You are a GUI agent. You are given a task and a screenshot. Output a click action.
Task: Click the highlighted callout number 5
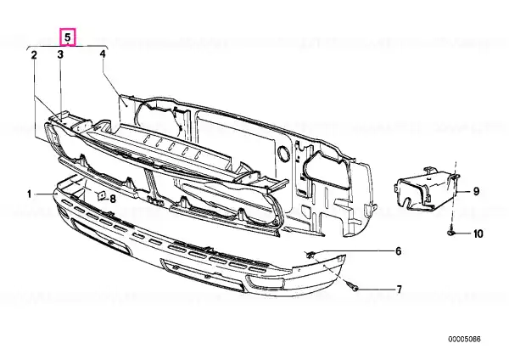coord(68,37)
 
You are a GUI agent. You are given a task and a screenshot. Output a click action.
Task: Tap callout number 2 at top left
coord(34,55)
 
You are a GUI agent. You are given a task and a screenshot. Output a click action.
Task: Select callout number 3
coord(60,54)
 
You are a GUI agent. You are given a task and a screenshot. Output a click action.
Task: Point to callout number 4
coord(103,53)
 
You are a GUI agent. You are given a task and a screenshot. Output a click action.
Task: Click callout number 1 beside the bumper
coord(29,194)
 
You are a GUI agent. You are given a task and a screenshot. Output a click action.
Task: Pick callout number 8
coord(112,199)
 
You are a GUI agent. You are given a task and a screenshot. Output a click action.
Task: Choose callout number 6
coord(398,251)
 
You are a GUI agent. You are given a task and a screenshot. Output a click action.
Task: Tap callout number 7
coord(399,290)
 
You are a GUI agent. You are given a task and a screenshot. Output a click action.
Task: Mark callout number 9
coord(476,191)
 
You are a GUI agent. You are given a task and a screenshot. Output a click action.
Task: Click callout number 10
coord(478,233)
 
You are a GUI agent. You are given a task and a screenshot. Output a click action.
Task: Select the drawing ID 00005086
coord(465,340)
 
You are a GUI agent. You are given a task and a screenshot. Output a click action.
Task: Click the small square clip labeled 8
coord(101,195)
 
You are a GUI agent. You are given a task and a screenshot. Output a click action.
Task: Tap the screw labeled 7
coord(353,287)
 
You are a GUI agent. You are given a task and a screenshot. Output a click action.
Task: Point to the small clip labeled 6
coord(310,255)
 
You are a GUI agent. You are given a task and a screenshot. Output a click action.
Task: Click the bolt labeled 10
coord(451,232)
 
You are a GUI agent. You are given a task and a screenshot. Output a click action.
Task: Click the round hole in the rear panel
coord(284,154)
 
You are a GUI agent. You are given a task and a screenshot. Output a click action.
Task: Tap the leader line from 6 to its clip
coord(353,251)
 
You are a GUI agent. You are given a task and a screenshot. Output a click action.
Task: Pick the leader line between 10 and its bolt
coord(463,233)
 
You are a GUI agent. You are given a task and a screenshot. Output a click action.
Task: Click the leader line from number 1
coord(45,194)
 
